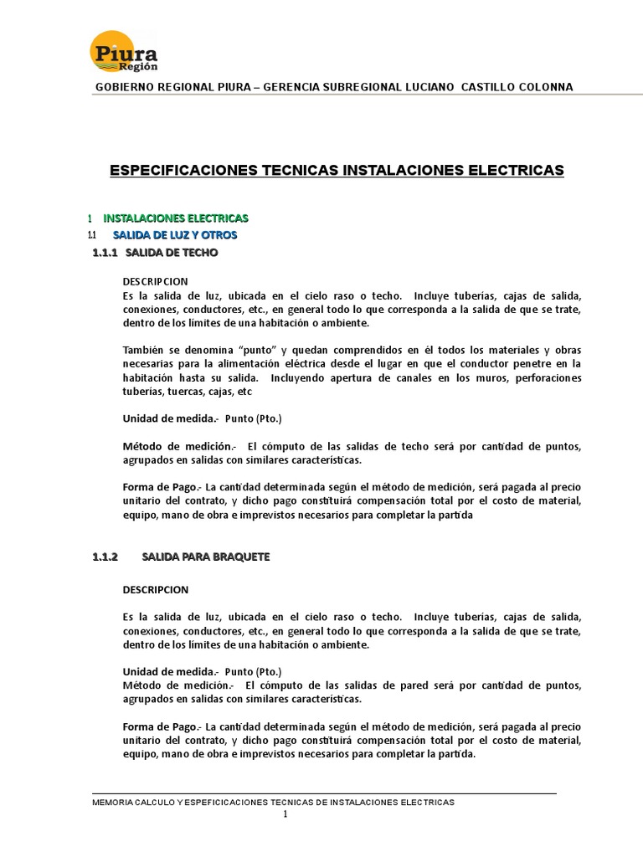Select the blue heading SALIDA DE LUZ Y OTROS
tap(175, 234)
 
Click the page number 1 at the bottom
tap(285, 814)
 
